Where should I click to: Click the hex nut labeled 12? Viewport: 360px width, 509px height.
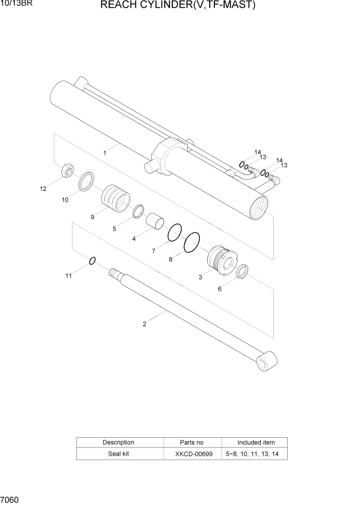pyautogui.click(x=66, y=171)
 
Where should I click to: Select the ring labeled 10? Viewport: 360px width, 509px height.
pyautogui.click(x=86, y=181)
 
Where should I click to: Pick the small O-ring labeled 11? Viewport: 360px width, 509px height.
pyautogui.click(x=92, y=261)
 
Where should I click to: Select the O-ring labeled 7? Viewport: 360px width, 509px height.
pyautogui.click(x=175, y=232)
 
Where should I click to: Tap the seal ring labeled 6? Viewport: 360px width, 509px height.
pyautogui.click(x=243, y=271)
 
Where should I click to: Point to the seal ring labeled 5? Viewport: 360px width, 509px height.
pyautogui.click(x=137, y=211)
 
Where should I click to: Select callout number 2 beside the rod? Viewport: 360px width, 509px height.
pyautogui.click(x=145, y=324)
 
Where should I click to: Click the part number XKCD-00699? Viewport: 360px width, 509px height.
pyautogui.click(x=192, y=454)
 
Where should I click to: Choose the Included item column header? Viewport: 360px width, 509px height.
pyautogui.click(x=256, y=442)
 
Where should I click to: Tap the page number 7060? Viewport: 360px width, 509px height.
pyautogui.click(x=10, y=499)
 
